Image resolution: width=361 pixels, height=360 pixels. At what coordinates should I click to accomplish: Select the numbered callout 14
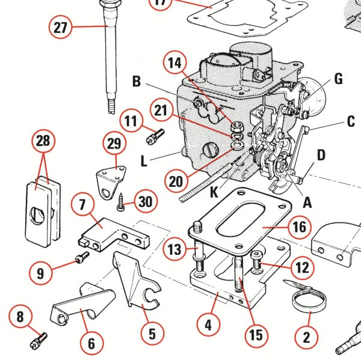(174, 63)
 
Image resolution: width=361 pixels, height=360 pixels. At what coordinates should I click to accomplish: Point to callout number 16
(299, 227)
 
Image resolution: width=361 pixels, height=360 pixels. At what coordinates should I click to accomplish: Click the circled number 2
(306, 337)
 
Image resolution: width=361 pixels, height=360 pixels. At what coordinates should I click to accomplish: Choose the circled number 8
(21, 316)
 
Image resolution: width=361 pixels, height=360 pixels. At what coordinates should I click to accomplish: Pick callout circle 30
(144, 201)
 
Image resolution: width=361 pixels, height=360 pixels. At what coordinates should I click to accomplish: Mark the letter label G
(338, 79)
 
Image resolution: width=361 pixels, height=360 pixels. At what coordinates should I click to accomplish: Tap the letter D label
(321, 155)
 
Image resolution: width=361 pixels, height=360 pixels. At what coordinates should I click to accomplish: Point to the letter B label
(137, 81)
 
